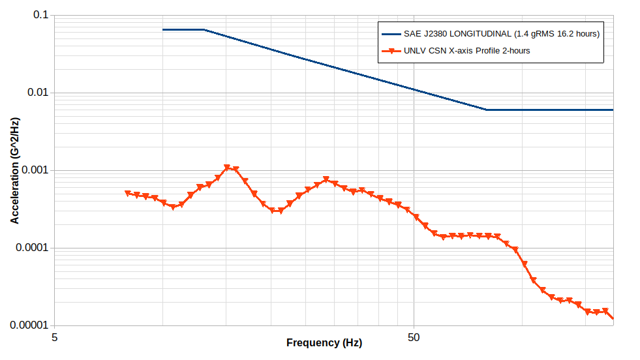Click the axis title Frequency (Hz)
(324, 342)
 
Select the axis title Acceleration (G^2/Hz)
(14, 171)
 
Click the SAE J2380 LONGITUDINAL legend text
(501, 34)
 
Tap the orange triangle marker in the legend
(391, 51)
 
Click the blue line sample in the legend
(391, 34)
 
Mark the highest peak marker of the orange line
(227, 168)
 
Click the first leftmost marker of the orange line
(128, 194)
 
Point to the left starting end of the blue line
(163, 29)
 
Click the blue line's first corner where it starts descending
(204, 29)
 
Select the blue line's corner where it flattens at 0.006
(486, 110)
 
